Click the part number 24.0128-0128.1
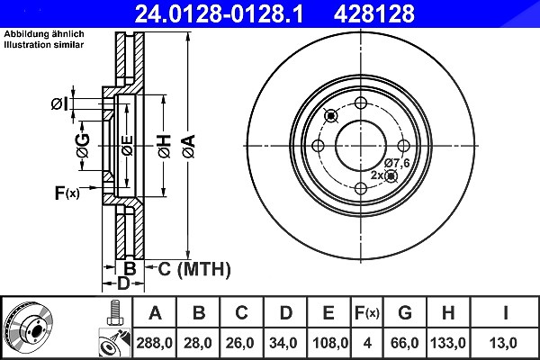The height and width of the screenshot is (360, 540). (x=219, y=13)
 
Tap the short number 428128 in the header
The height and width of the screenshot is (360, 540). (x=374, y=13)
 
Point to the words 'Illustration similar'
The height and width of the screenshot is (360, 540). (x=44, y=45)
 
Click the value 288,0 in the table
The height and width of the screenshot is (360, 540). (x=154, y=343)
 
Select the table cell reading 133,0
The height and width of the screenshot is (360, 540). (x=448, y=343)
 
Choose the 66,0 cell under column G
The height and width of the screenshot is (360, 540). (x=405, y=343)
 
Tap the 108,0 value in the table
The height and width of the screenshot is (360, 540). (x=330, y=343)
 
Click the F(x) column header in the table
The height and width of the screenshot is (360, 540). (x=367, y=313)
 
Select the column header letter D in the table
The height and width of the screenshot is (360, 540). (x=286, y=313)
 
